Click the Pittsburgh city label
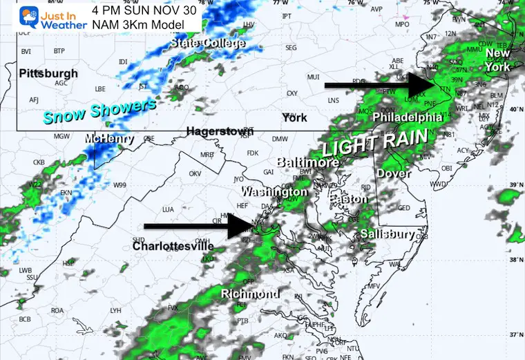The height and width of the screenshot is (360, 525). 48,73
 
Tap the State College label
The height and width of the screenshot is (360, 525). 208,44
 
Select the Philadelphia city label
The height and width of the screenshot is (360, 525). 407,117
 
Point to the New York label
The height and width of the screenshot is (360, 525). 497,60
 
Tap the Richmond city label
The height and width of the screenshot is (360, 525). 250,294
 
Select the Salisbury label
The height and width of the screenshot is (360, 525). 388,234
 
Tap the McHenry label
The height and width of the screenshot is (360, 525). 108,139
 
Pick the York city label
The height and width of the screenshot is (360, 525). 294,117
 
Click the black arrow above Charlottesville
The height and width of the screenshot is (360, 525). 200,226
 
